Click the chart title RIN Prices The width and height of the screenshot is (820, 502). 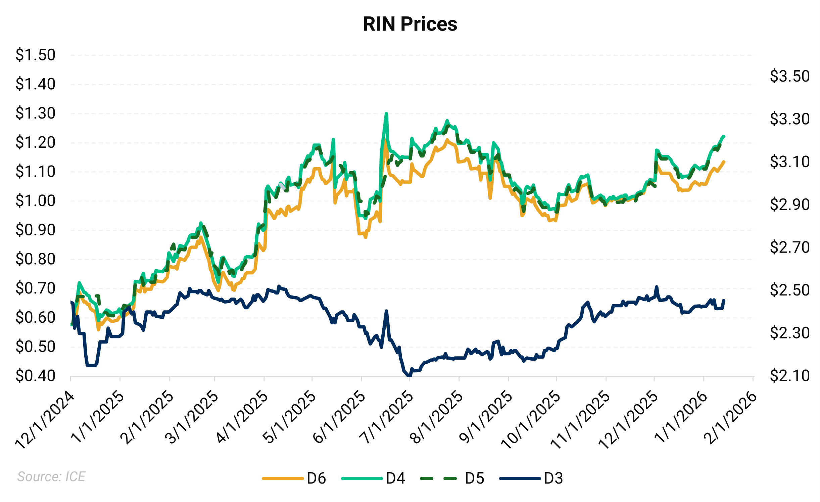click(410, 24)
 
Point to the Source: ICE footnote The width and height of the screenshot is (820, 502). click(51, 476)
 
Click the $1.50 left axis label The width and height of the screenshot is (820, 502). click(35, 55)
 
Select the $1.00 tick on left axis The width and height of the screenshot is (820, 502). click(35, 201)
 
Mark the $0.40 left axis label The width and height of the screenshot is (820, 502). click(35, 376)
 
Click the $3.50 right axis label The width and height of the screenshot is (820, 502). click(789, 76)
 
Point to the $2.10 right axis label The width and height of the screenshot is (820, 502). click(789, 376)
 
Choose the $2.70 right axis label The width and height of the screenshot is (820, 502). click(789, 247)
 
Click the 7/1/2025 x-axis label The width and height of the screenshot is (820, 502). click(386, 418)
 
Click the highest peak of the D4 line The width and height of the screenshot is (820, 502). click(386, 113)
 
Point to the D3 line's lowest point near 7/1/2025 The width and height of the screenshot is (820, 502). click(408, 376)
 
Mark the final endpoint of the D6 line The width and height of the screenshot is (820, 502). click(724, 162)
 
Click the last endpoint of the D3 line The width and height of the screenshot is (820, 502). click(724, 300)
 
